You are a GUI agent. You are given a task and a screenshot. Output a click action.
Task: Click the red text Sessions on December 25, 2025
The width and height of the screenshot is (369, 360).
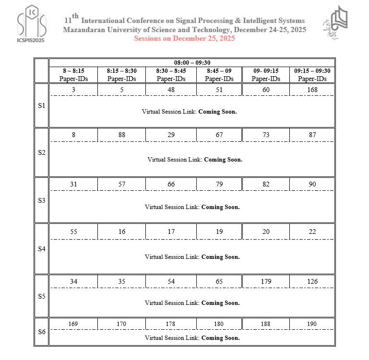click(x=184, y=39)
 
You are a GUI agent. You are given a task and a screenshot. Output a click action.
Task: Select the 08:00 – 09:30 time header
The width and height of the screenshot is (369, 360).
click(x=192, y=62)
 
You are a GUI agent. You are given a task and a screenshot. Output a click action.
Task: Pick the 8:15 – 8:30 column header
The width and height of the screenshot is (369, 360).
click(x=121, y=75)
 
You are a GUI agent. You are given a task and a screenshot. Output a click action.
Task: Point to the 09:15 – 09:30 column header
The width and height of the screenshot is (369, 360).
click(x=312, y=75)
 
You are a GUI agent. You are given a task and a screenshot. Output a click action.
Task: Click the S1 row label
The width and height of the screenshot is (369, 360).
click(x=41, y=105)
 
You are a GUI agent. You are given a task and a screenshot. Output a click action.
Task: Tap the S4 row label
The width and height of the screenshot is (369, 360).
click(x=41, y=249)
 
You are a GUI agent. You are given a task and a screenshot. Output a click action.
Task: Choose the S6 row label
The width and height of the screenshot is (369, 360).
click(x=41, y=331)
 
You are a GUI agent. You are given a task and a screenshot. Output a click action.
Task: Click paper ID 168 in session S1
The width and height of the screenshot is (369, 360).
click(x=312, y=89)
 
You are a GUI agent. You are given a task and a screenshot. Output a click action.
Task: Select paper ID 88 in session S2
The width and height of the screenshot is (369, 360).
click(x=122, y=135)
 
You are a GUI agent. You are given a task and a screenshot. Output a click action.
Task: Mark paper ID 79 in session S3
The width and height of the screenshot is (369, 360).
click(x=219, y=184)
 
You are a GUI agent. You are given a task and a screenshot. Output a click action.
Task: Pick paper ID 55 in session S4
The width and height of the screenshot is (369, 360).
click(x=73, y=232)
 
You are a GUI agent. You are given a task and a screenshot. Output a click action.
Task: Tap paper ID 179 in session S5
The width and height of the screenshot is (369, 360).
click(x=266, y=281)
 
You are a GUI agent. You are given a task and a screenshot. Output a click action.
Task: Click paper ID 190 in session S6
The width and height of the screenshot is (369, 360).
click(x=312, y=324)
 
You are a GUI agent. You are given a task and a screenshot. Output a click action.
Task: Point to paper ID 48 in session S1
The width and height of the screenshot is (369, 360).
click(x=171, y=89)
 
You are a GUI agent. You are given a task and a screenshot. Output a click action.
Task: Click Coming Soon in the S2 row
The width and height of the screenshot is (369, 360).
click(x=223, y=160)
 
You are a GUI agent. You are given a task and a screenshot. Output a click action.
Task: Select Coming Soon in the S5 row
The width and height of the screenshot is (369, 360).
click(x=220, y=303)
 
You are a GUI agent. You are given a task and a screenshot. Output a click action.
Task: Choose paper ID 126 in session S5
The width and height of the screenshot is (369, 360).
click(x=312, y=281)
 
